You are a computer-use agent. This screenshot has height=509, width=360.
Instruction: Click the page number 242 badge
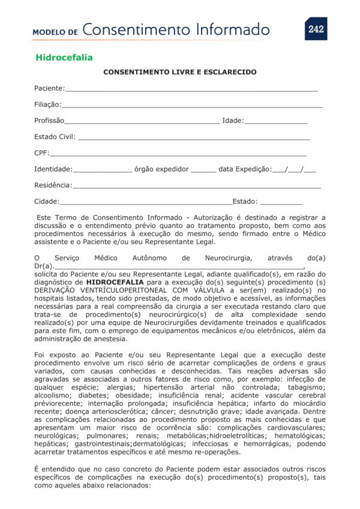[x=316, y=29]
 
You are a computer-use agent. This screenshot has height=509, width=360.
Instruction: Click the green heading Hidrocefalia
[x=64, y=58]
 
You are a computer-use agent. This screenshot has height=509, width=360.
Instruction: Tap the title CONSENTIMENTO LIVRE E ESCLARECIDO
[x=180, y=72]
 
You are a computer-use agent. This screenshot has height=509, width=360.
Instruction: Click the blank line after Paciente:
[x=191, y=89]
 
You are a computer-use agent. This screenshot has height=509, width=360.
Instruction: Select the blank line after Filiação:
[x=192, y=106]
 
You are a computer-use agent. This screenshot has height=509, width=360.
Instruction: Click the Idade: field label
[x=233, y=121]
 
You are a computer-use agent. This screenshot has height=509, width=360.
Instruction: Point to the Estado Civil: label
[x=55, y=137]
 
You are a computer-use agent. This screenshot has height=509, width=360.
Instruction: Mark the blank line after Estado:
[x=281, y=203]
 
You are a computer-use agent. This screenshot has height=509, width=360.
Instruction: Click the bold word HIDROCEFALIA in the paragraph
[x=115, y=282]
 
